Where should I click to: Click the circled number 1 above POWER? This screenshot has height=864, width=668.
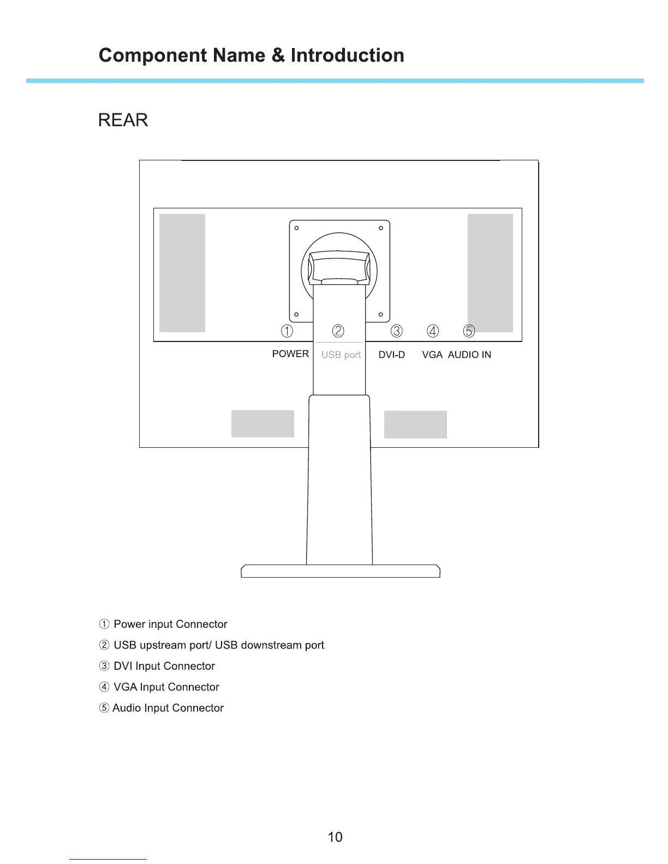[287, 331]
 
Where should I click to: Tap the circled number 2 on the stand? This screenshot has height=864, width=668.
[338, 331]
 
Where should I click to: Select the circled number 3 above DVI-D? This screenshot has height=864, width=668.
[397, 331]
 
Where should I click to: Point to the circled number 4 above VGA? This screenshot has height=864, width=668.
[433, 331]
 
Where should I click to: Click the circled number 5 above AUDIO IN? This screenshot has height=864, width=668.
[469, 331]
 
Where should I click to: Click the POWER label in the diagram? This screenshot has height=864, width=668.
[290, 354]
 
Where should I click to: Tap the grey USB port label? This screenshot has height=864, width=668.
[341, 355]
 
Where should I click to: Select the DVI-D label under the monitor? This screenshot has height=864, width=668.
[392, 355]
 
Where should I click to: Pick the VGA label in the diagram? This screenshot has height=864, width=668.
[432, 355]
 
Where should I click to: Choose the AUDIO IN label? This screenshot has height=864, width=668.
[469, 355]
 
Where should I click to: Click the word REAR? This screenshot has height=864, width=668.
[123, 120]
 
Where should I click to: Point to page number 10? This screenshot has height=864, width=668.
[335, 837]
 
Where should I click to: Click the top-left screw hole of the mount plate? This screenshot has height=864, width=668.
[296, 228]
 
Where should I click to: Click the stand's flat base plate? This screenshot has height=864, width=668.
[341, 571]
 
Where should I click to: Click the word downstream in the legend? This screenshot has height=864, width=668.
[271, 645]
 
